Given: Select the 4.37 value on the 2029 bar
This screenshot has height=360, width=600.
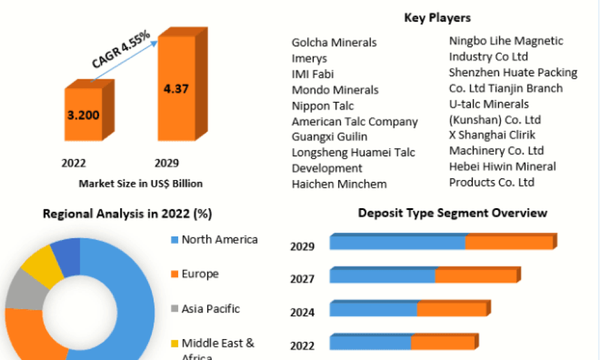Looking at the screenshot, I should (x=176, y=89).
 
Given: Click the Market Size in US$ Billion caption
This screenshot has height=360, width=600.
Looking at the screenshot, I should (x=140, y=184).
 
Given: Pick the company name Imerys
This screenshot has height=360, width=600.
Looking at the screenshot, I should (x=309, y=58).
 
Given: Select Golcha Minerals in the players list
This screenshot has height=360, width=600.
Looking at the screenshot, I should (x=334, y=43).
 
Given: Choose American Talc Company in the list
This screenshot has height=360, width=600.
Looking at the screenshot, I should (x=355, y=121).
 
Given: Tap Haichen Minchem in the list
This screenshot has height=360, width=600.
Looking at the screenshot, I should (x=339, y=184).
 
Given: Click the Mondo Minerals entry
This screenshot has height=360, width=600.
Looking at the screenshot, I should (x=335, y=90).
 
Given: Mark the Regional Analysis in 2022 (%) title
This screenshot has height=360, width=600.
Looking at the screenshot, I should (x=127, y=214).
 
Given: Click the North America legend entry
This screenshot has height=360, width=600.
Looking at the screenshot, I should (x=220, y=240).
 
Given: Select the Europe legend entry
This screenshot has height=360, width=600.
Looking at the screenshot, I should (x=200, y=274).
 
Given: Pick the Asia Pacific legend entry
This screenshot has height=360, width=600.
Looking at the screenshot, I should (x=211, y=309).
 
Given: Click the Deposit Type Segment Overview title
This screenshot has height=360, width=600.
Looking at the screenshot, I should (x=452, y=213).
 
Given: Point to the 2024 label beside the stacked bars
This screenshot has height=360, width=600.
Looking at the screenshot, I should (x=302, y=312).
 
